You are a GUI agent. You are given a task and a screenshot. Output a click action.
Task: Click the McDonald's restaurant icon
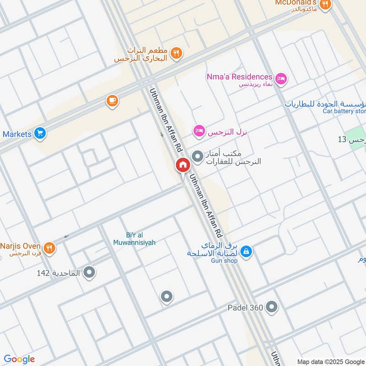[x=325, y=4]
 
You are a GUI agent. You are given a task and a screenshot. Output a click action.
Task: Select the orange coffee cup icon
[x=112, y=101]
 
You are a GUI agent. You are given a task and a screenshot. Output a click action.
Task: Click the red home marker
[x=183, y=165]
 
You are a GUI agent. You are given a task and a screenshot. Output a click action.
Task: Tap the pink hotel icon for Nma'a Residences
[x=281, y=79]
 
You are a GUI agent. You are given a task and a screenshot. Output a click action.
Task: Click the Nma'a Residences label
[x=242, y=77]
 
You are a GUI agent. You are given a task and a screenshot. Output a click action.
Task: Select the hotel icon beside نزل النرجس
[x=199, y=131]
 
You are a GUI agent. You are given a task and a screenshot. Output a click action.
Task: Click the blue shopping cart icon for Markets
[x=40, y=133]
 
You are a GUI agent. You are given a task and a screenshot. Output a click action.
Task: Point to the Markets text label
[x=16, y=134]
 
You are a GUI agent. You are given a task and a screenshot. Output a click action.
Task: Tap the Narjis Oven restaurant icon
[x=50, y=248]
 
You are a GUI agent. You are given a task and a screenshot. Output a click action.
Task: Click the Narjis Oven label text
[x=21, y=246]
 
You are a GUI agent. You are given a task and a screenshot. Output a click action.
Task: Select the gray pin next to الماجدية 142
[x=90, y=273]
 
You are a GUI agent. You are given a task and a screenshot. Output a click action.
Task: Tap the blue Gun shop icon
[x=246, y=251]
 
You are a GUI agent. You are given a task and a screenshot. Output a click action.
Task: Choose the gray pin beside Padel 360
[x=272, y=307]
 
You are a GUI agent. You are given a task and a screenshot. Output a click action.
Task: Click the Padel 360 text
[x=245, y=308]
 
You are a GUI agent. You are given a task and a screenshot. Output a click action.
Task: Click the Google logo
[x=19, y=359]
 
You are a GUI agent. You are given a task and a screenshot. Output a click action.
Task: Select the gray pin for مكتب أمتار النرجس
[x=198, y=157]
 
